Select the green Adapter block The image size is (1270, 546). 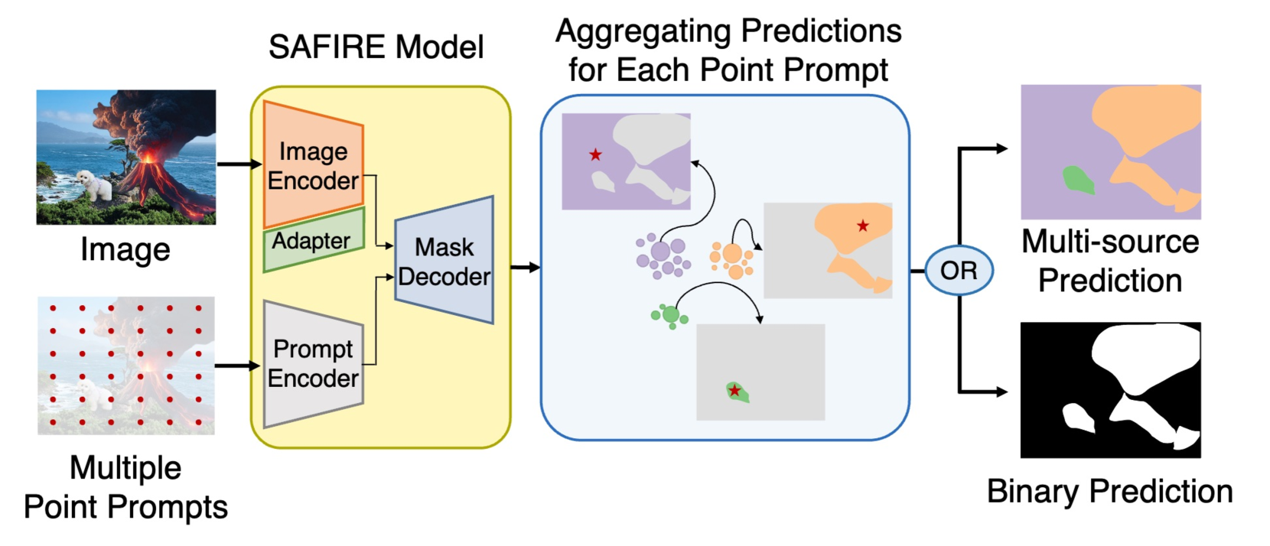(x=312, y=240)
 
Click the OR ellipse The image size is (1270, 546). (x=959, y=271)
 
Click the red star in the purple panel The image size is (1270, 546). (x=595, y=155)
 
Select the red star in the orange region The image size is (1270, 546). (x=863, y=226)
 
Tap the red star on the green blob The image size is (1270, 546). (x=734, y=391)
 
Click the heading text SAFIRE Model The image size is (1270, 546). (x=376, y=47)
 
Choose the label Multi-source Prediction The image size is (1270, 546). (x=1110, y=261)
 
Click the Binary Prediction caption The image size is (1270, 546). (x=1109, y=491)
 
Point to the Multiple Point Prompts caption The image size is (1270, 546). (x=125, y=487)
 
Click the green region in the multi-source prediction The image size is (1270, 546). (x=1077, y=180)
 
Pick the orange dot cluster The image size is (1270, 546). (x=731, y=258)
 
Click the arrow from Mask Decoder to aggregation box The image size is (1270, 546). (x=525, y=267)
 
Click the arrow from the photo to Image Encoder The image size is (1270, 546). (x=239, y=164)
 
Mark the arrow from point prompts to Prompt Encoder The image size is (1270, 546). (x=237, y=366)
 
